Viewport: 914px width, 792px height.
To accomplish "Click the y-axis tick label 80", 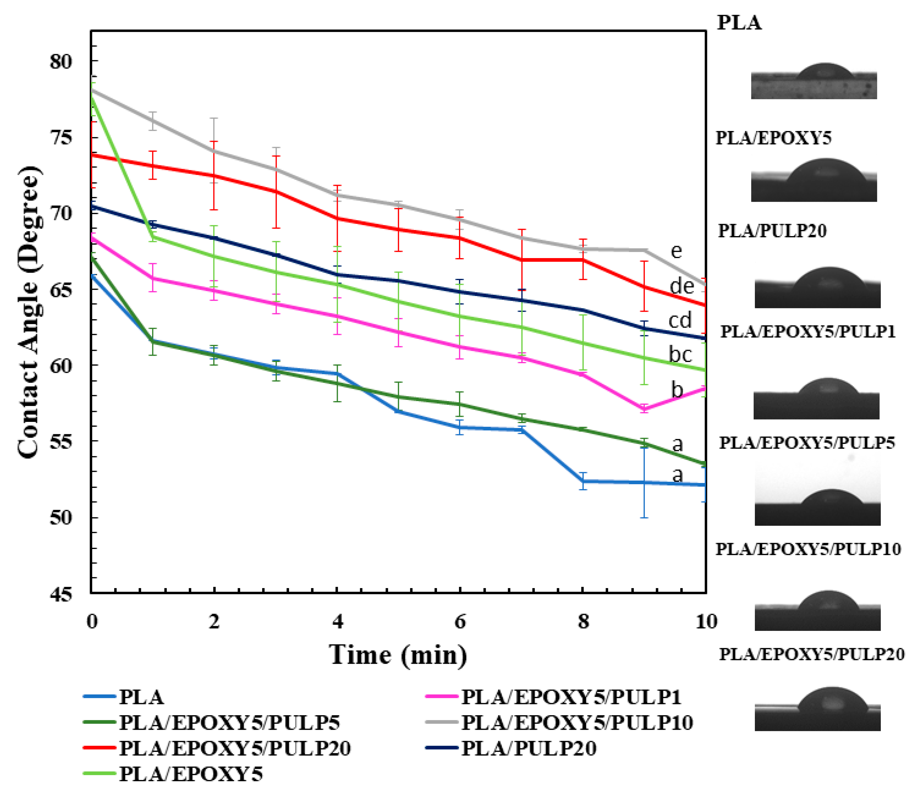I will (x=61, y=61).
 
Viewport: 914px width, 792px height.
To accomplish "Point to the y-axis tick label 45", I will (x=61, y=594).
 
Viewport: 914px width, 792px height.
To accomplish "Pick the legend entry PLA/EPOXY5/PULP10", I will (x=576, y=723).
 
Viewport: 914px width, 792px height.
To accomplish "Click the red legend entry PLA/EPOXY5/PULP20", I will (x=234, y=748).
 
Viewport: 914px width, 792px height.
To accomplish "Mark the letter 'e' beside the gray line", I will (x=676, y=251).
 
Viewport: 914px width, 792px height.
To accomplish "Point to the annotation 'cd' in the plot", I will (x=680, y=320).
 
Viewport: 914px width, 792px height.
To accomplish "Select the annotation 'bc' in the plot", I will (x=680, y=354).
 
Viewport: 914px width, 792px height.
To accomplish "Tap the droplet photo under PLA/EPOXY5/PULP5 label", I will (x=817, y=491).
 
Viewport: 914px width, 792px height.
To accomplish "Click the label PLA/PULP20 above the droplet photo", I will (x=772, y=231).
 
